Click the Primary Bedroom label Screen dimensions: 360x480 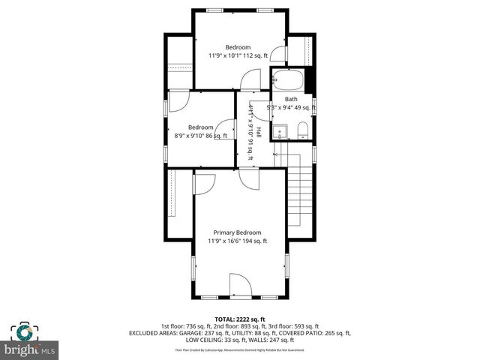(x=237, y=232)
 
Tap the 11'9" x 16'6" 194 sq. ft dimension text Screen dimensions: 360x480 (x=237, y=241)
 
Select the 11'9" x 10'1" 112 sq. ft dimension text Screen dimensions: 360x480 (x=238, y=55)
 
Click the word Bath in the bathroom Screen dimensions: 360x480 (x=291, y=99)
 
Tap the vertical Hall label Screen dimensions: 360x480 (x=259, y=132)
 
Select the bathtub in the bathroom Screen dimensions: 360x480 (x=289, y=79)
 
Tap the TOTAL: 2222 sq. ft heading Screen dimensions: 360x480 (x=240, y=319)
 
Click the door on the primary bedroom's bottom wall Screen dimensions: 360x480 (x=240, y=286)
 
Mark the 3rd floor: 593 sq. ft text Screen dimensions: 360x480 (x=294, y=326)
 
